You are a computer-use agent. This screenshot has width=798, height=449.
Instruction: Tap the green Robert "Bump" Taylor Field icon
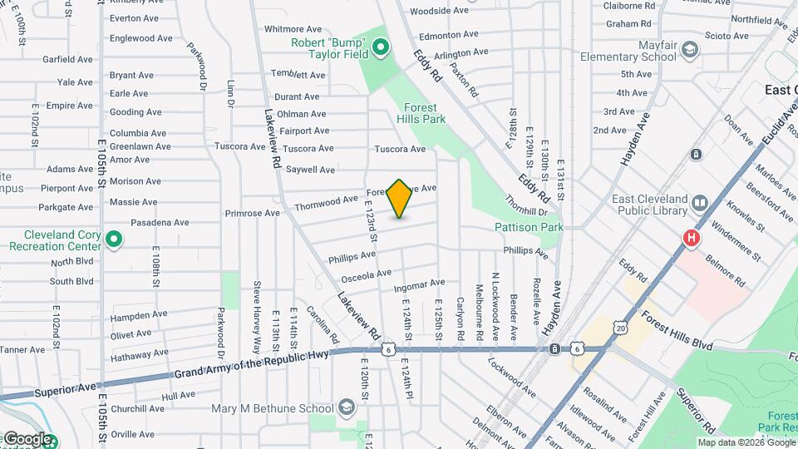[x=381, y=47]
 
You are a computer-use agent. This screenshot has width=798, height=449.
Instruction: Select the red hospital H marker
[x=691, y=239]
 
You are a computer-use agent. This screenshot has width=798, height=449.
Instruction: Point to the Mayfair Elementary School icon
[x=689, y=51]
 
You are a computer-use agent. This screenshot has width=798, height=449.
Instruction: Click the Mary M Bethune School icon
[x=347, y=407]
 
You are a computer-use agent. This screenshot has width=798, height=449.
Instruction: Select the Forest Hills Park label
[x=425, y=113]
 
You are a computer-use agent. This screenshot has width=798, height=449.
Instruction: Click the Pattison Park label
[x=529, y=227]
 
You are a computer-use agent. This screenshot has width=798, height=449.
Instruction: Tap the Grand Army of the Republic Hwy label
[x=252, y=364]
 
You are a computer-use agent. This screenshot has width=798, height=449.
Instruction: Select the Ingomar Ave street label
[x=419, y=284]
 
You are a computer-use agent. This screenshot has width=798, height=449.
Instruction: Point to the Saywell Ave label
[x=310, y=170]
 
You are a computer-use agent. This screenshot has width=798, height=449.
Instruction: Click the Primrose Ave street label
[x=252, y=213]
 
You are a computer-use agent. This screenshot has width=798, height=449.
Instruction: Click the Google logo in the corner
[x=27, y=439]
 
